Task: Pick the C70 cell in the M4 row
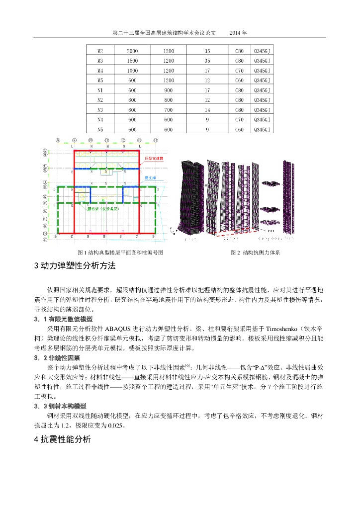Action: point(239,71)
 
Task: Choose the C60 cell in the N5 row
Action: point(239,129)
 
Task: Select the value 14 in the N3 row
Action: point(207,110)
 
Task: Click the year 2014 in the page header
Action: point(238,32)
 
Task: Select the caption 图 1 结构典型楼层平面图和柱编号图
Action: point(121,253)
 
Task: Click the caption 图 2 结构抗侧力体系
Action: point(255,253)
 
